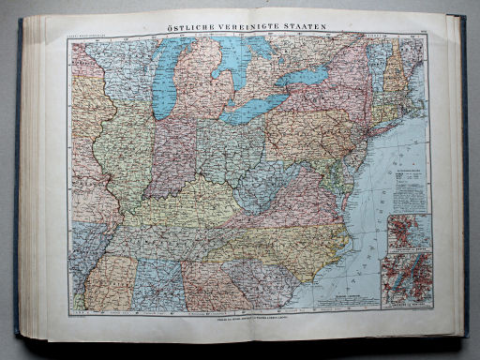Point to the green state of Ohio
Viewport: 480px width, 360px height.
point(225,150)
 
